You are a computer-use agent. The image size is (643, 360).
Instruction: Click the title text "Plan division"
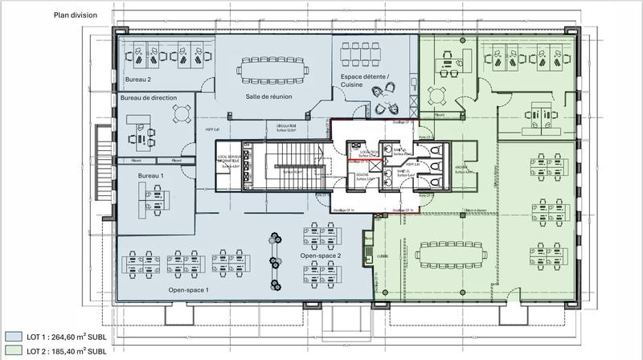click(x=76, y=14)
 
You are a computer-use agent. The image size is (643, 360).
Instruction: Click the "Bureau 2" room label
click(x=138, y=80)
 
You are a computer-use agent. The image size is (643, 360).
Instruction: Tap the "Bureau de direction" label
click(x=149, y=97)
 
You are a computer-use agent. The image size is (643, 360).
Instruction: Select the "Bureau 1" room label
click(x=129, y=174)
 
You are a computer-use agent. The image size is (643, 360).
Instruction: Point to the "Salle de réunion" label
click(x=268, y=97)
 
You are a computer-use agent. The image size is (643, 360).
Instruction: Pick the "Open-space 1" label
click(x=188, y=289)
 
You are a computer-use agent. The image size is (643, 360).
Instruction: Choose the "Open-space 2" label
click(x=321, y=256)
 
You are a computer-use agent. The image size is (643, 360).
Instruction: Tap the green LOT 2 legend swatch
click(x=14, y=351)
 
